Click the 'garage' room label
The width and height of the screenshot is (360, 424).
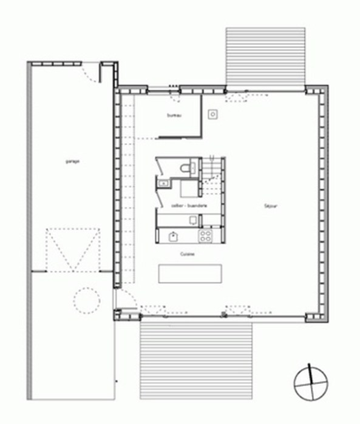74,161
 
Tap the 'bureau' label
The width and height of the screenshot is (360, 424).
174,115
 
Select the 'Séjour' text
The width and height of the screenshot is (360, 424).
271,206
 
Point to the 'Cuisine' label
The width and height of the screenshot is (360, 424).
188,255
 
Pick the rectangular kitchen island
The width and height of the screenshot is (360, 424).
191,274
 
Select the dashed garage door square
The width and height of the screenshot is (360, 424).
72,249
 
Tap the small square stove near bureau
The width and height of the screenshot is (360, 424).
212,113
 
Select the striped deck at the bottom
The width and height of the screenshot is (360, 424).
196,359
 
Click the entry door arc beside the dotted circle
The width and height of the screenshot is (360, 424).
124,300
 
